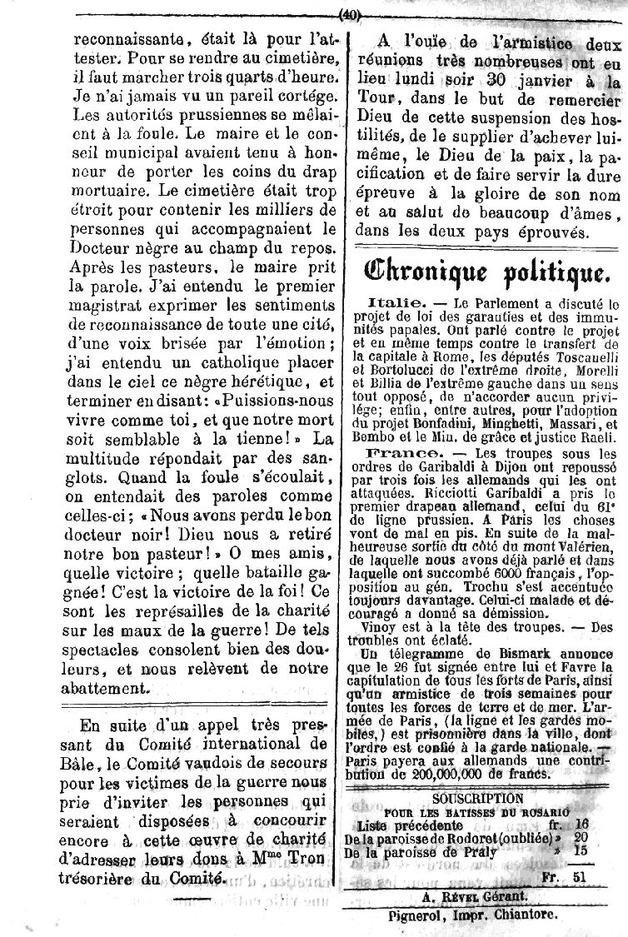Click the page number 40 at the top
click(x=348, y=12)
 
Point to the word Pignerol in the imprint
click(x=397, y=915)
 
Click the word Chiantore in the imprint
click(x=518, y=915)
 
